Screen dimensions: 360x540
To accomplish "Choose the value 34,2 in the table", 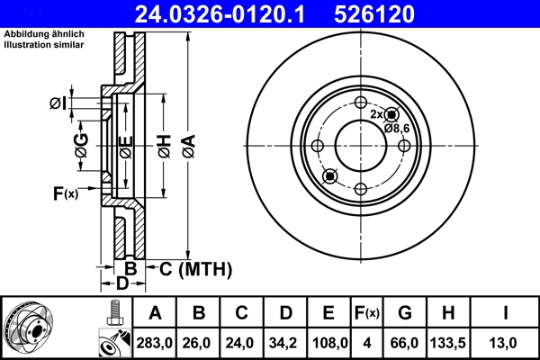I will click(x=284, y=343).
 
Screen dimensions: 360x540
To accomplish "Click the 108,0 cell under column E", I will click(x=328, y=343).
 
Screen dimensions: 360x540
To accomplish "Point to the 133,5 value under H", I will click(x=449, y=343).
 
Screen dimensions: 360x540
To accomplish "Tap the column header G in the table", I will click(x=404, y=313).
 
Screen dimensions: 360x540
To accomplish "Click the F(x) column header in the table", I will click(x=365, y=313).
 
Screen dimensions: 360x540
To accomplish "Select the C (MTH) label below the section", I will click(x=195, y=268).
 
